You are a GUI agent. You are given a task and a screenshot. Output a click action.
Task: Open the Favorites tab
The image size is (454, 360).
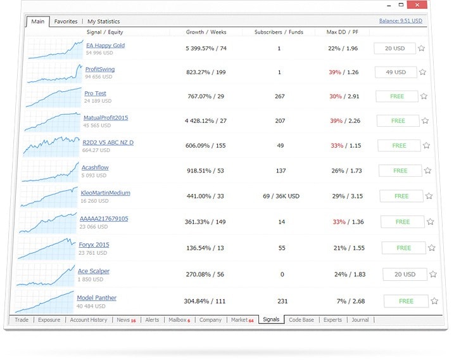(x=66, y=22)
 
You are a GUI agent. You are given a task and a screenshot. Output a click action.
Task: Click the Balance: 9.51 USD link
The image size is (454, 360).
(x=400, y=21)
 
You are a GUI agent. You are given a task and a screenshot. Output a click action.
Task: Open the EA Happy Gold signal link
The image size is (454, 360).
(x=105, y=46)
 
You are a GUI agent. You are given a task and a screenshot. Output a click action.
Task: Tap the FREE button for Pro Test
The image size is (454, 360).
(x=397, y=96)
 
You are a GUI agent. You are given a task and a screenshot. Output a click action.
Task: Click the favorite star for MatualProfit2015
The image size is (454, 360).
(x=425, y=120)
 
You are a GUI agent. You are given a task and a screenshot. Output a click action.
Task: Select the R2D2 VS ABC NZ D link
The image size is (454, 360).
(x=108, y=143)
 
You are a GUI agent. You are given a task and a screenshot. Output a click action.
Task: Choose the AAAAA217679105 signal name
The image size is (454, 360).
(x=104, y=219)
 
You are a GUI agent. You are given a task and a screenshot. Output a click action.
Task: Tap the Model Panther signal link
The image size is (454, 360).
(x=96, y=298)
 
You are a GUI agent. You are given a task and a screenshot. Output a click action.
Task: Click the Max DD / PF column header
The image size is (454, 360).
(x=342, y=32)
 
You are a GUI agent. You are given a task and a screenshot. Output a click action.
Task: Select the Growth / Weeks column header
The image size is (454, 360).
(x=206, y=32)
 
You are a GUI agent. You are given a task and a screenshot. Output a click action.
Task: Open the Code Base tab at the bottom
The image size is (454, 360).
(x=301, y=320)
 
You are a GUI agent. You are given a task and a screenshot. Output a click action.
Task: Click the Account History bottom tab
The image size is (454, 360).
(x=89, y=320)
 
